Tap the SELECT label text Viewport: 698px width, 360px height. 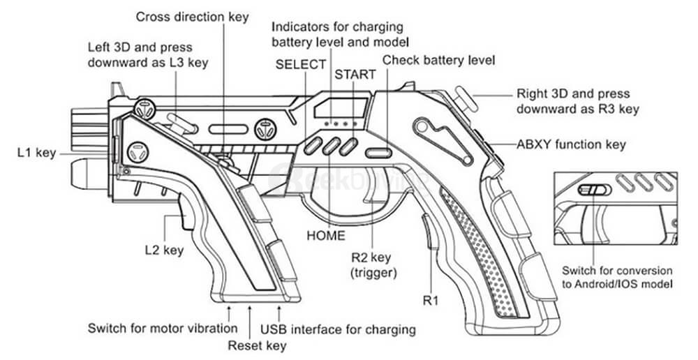pos(301,64)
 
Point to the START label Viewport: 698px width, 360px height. pos(355,74)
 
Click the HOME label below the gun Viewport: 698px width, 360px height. pos(326,236)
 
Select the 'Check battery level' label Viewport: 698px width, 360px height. pos(438,61)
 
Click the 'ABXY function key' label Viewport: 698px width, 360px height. pos(571,145)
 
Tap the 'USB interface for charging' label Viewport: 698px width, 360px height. pos(338,329)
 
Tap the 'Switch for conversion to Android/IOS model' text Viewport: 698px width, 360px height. pos(618,277)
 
